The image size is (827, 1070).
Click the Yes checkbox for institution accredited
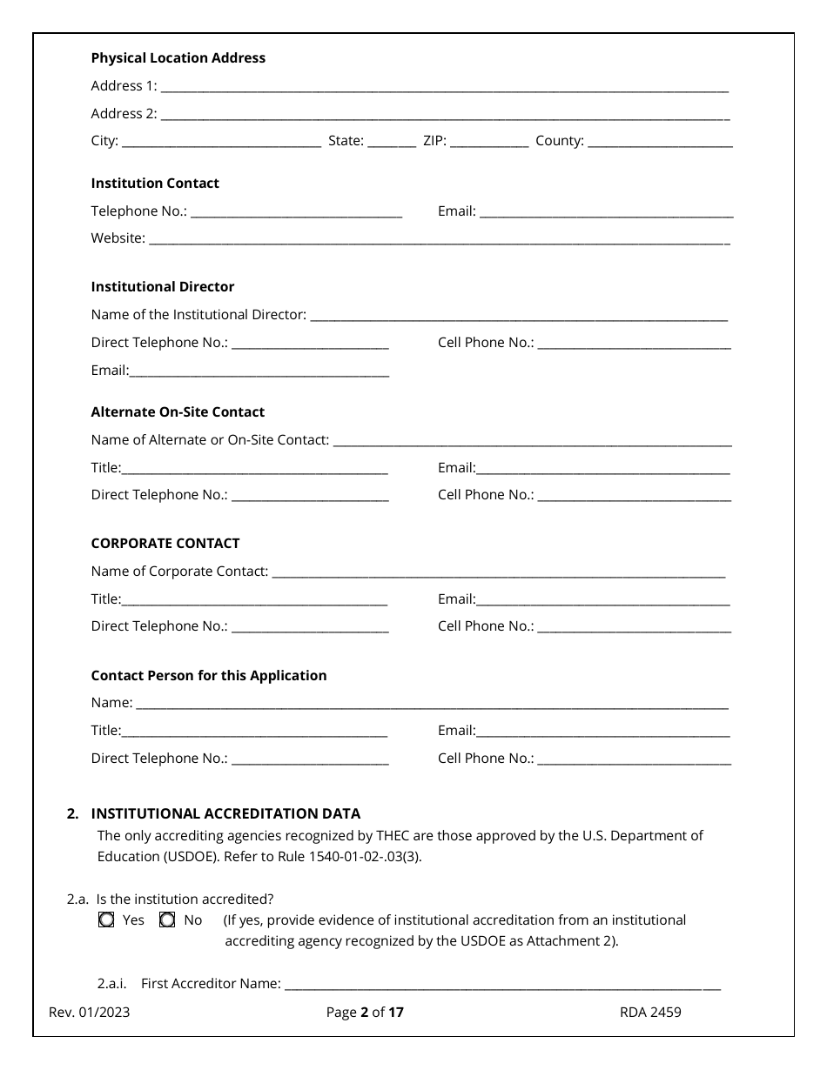click(x=106, y=920)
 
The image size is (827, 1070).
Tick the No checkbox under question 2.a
click(x=167, y=920)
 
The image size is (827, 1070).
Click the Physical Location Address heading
click(x=178, y=58)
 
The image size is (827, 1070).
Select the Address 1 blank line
click(x=444, y=87)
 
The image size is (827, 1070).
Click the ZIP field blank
click(x=488, y=142)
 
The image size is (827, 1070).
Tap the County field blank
click(x=660, y=142)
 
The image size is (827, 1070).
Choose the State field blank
click(x=392, y=142)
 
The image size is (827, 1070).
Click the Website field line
click(x=439, y=239)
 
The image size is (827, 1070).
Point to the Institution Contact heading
click(x=155, y=184)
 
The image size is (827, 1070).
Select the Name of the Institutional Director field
click(x=518, y=316)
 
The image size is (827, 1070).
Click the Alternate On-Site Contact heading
click(x=178, y=412)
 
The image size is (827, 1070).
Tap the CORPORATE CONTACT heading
click(x=165, y=544)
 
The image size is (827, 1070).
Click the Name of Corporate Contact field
click(x=498, y=572)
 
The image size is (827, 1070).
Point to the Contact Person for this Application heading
click(x=209, y=676)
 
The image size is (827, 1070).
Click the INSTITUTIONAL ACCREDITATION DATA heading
click(x=225, y=814)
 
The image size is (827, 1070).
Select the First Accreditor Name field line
click(x=502, y=985)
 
